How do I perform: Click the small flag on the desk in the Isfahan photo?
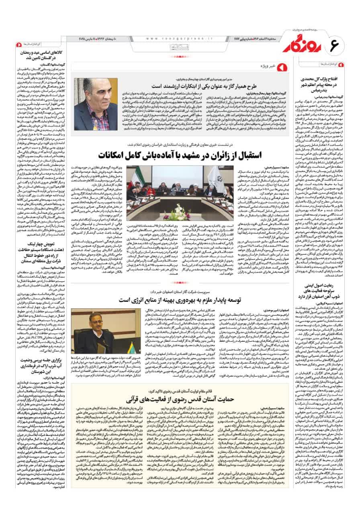click(x=100, y=345)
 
